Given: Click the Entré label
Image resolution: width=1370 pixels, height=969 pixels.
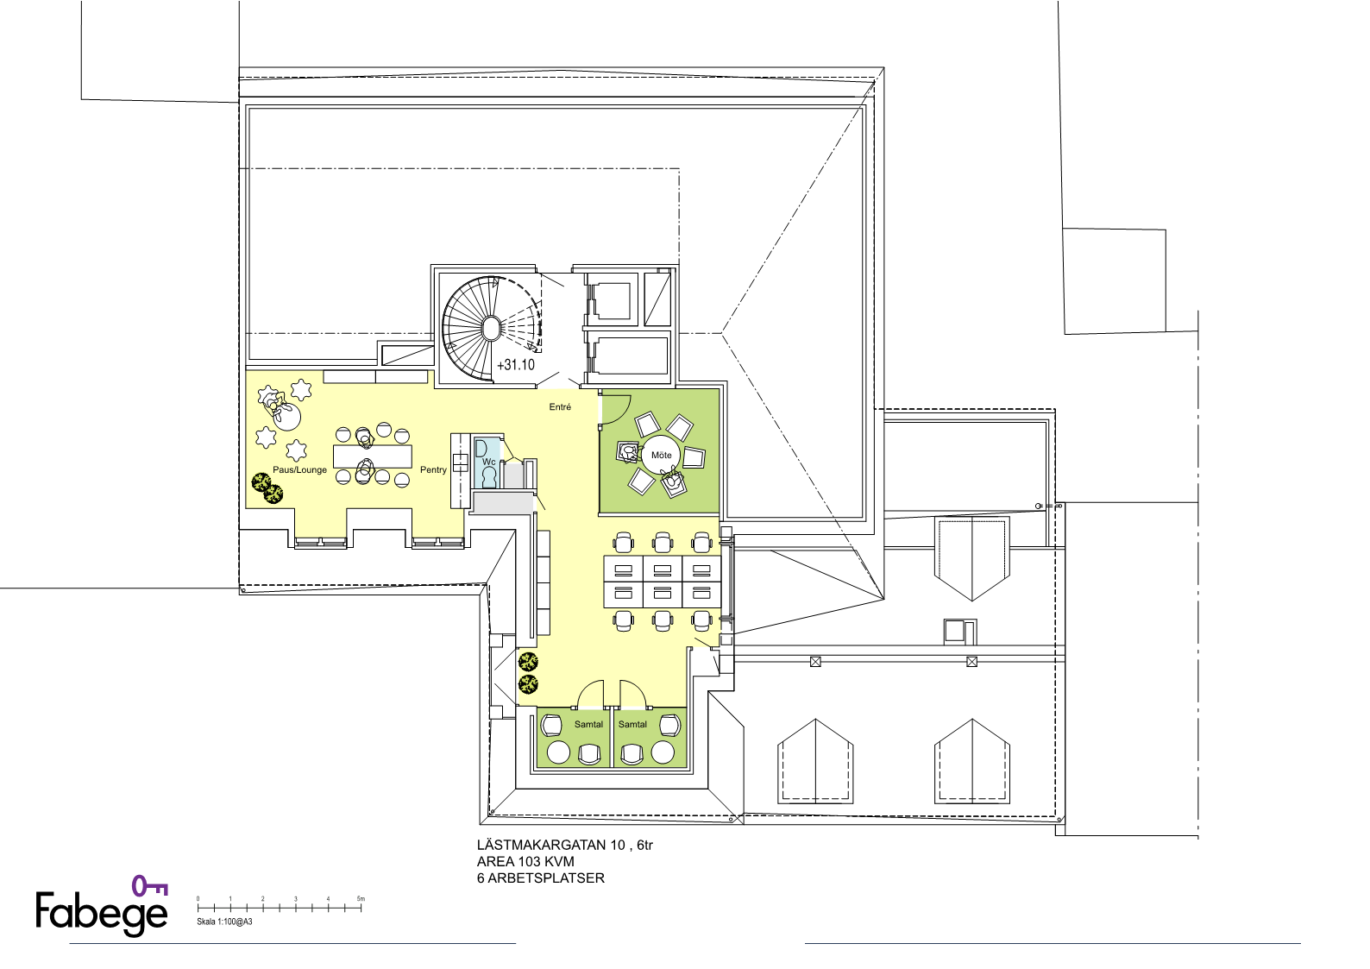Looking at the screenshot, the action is (x=560, y=406).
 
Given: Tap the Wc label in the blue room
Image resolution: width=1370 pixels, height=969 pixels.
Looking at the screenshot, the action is (x=488, y=462).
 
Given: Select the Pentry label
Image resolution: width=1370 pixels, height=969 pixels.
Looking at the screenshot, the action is (x=433, y=469).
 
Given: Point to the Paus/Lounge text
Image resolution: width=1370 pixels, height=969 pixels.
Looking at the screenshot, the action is (x=299, y=469).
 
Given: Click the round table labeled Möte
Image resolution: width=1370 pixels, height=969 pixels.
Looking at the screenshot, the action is (x=661, y=455).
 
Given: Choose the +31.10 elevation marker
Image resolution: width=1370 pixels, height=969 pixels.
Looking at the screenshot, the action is (x=516, y=365).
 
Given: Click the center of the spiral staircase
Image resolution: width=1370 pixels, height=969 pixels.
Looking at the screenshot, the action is (x=491, y=329).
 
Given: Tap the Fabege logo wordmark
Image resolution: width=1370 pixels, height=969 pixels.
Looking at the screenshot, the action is (x=102, y=913).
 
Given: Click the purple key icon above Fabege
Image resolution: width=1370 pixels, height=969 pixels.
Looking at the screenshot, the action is (x=149, y=886).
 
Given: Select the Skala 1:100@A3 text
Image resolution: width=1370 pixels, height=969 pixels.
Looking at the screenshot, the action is (x=223, y=922).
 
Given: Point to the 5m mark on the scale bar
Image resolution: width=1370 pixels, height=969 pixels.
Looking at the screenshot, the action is (x=361, y=898).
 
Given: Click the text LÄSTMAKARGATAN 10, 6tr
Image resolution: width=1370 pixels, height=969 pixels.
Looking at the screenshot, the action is (x=564, y=845).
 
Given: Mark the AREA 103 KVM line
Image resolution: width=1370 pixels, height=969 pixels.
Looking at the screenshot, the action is (x=525, y=862).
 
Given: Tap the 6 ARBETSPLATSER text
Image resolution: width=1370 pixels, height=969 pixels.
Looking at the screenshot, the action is (x=541, y=878).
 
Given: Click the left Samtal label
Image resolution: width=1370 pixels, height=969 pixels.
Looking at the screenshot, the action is (x=588, y=724).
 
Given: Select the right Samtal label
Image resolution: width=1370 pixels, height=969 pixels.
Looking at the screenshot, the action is (x=632, y=724).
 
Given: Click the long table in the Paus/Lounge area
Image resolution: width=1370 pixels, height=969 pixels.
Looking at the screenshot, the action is (x=373, y=456).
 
